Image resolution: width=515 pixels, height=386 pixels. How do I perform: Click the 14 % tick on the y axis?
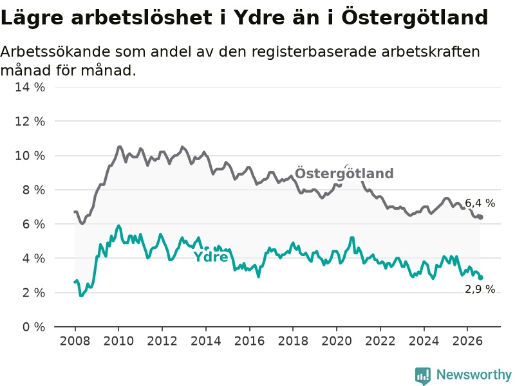30,87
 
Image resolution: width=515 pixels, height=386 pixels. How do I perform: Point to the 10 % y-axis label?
30,156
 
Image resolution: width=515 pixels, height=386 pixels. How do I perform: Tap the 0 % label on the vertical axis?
33,327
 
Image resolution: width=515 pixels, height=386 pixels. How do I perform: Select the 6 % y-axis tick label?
33,225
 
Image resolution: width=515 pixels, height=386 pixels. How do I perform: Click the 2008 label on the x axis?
75,341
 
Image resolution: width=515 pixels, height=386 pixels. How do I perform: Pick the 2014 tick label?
205,341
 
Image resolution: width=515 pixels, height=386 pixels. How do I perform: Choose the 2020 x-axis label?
336,341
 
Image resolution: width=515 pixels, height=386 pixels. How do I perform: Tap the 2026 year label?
467,341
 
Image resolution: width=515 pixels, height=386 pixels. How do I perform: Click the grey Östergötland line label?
344,173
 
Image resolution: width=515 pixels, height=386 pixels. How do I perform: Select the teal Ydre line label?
211,257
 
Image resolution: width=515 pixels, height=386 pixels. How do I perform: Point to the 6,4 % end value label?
480,203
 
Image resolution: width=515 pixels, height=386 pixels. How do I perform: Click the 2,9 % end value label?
480,289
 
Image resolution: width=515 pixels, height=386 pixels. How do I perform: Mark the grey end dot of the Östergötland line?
480,217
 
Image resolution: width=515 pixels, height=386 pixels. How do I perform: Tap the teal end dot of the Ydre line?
480,277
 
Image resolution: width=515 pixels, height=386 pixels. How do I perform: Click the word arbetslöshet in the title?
142,17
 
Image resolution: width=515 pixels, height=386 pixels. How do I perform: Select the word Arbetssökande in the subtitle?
55,52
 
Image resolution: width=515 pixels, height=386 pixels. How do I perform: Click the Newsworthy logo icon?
423,376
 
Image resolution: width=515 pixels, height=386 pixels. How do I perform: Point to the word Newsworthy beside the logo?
474,374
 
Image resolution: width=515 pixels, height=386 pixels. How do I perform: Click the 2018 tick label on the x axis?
293,341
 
